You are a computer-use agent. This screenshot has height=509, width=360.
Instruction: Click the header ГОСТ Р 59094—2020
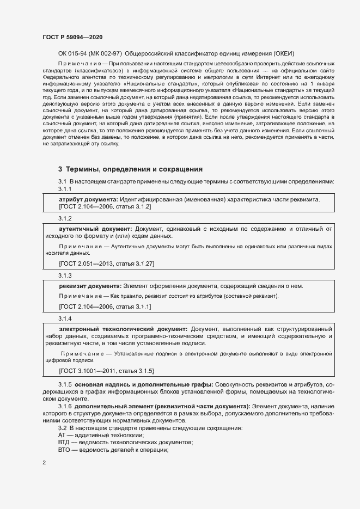[72, 37]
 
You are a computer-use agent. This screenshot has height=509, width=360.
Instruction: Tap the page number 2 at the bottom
[44, 463]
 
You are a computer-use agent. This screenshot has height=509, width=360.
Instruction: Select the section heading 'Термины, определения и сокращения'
[130, 169]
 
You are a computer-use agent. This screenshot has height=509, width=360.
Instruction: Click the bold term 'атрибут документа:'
[88, 200]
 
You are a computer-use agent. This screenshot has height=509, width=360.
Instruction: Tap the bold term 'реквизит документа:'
[90, 286]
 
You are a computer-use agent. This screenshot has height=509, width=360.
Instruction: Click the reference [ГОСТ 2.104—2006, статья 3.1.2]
[105, 207]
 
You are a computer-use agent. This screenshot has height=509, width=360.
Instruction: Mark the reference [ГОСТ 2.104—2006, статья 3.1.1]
[105, 307]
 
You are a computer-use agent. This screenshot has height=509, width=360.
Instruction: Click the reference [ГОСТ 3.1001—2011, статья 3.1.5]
[106, 371]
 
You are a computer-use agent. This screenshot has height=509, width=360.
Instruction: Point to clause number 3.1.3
[65, 275]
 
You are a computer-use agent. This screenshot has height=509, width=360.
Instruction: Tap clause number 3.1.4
[65, 318]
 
